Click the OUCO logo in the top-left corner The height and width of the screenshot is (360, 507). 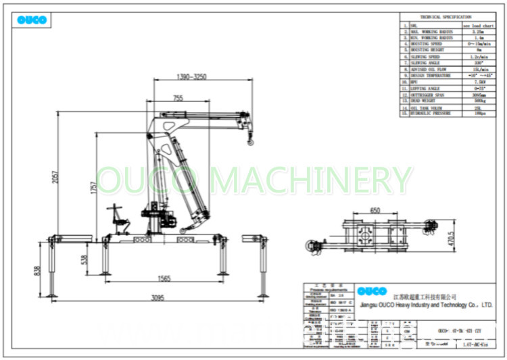click(32, 20)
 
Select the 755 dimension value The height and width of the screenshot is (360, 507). click(177, 99)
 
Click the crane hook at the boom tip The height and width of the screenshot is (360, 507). click(251, 139)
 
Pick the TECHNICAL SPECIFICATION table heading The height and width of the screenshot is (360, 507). click(446, 17)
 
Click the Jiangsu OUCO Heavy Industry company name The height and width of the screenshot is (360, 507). click(426, 305)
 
